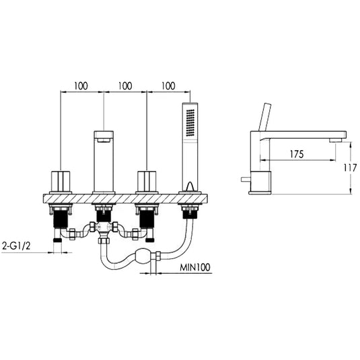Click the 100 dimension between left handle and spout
pos(81,87)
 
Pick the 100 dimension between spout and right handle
pos(124,87)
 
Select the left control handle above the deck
pos(61,181)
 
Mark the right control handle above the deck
pos(147,181)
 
